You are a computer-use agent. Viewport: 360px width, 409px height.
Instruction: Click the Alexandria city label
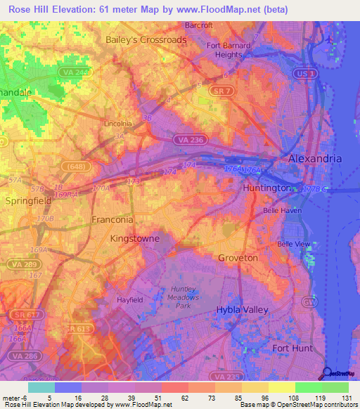click(x=315, y=159)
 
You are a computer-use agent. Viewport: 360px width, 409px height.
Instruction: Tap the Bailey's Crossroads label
click(x=146, y=40)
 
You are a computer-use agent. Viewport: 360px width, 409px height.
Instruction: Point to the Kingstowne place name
click(x=135, y=239)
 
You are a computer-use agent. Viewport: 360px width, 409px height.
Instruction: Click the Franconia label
click(x=112, y=219)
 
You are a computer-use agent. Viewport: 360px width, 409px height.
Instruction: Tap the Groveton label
click(x=238, y=258)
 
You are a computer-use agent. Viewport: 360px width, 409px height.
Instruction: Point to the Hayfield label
click(x=129, y=299)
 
